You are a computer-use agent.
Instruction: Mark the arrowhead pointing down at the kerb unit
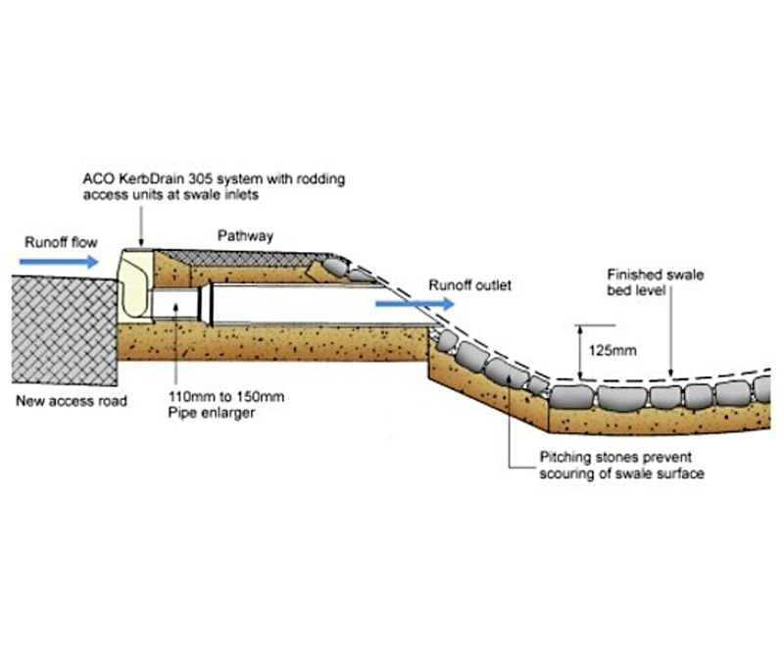tap(141, 242)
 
